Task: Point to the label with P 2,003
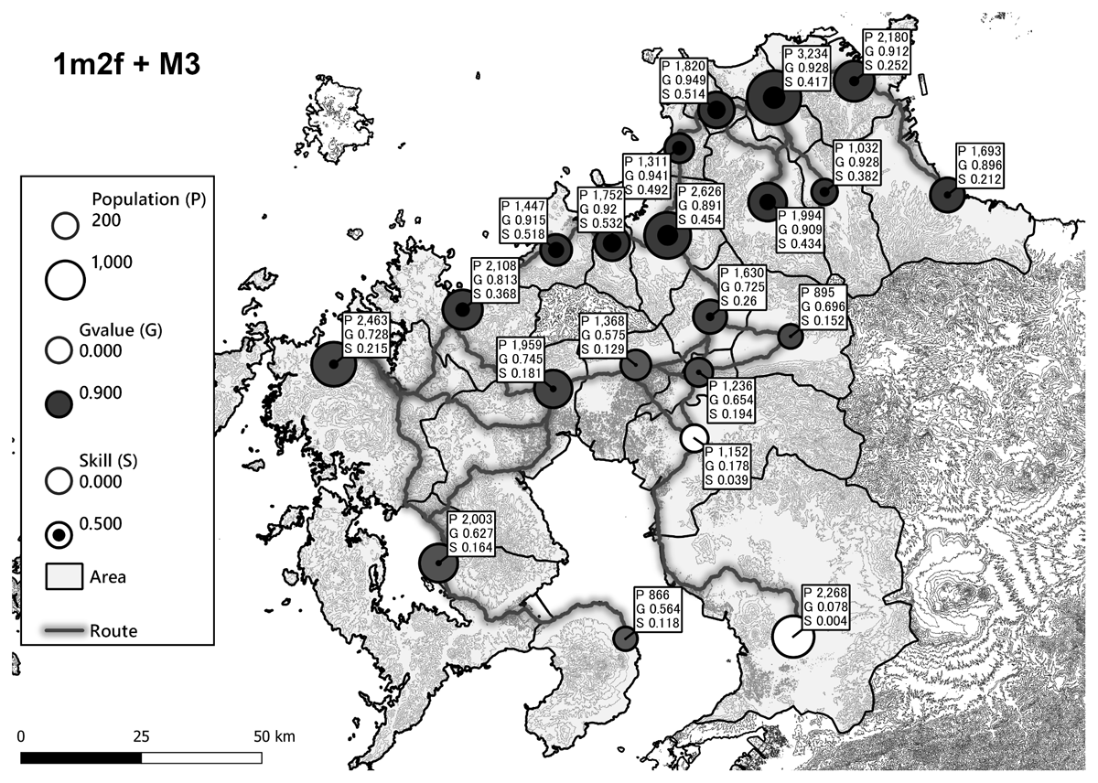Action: coord(473,533)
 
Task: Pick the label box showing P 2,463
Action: coord(368,339)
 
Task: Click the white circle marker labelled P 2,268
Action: coord(792,637)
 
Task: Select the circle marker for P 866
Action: coord(626,638)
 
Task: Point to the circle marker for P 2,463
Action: coord(333,365)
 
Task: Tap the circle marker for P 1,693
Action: coord(946,195)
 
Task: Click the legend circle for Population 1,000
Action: coord(65,279)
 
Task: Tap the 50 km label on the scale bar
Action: coord(273,736)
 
